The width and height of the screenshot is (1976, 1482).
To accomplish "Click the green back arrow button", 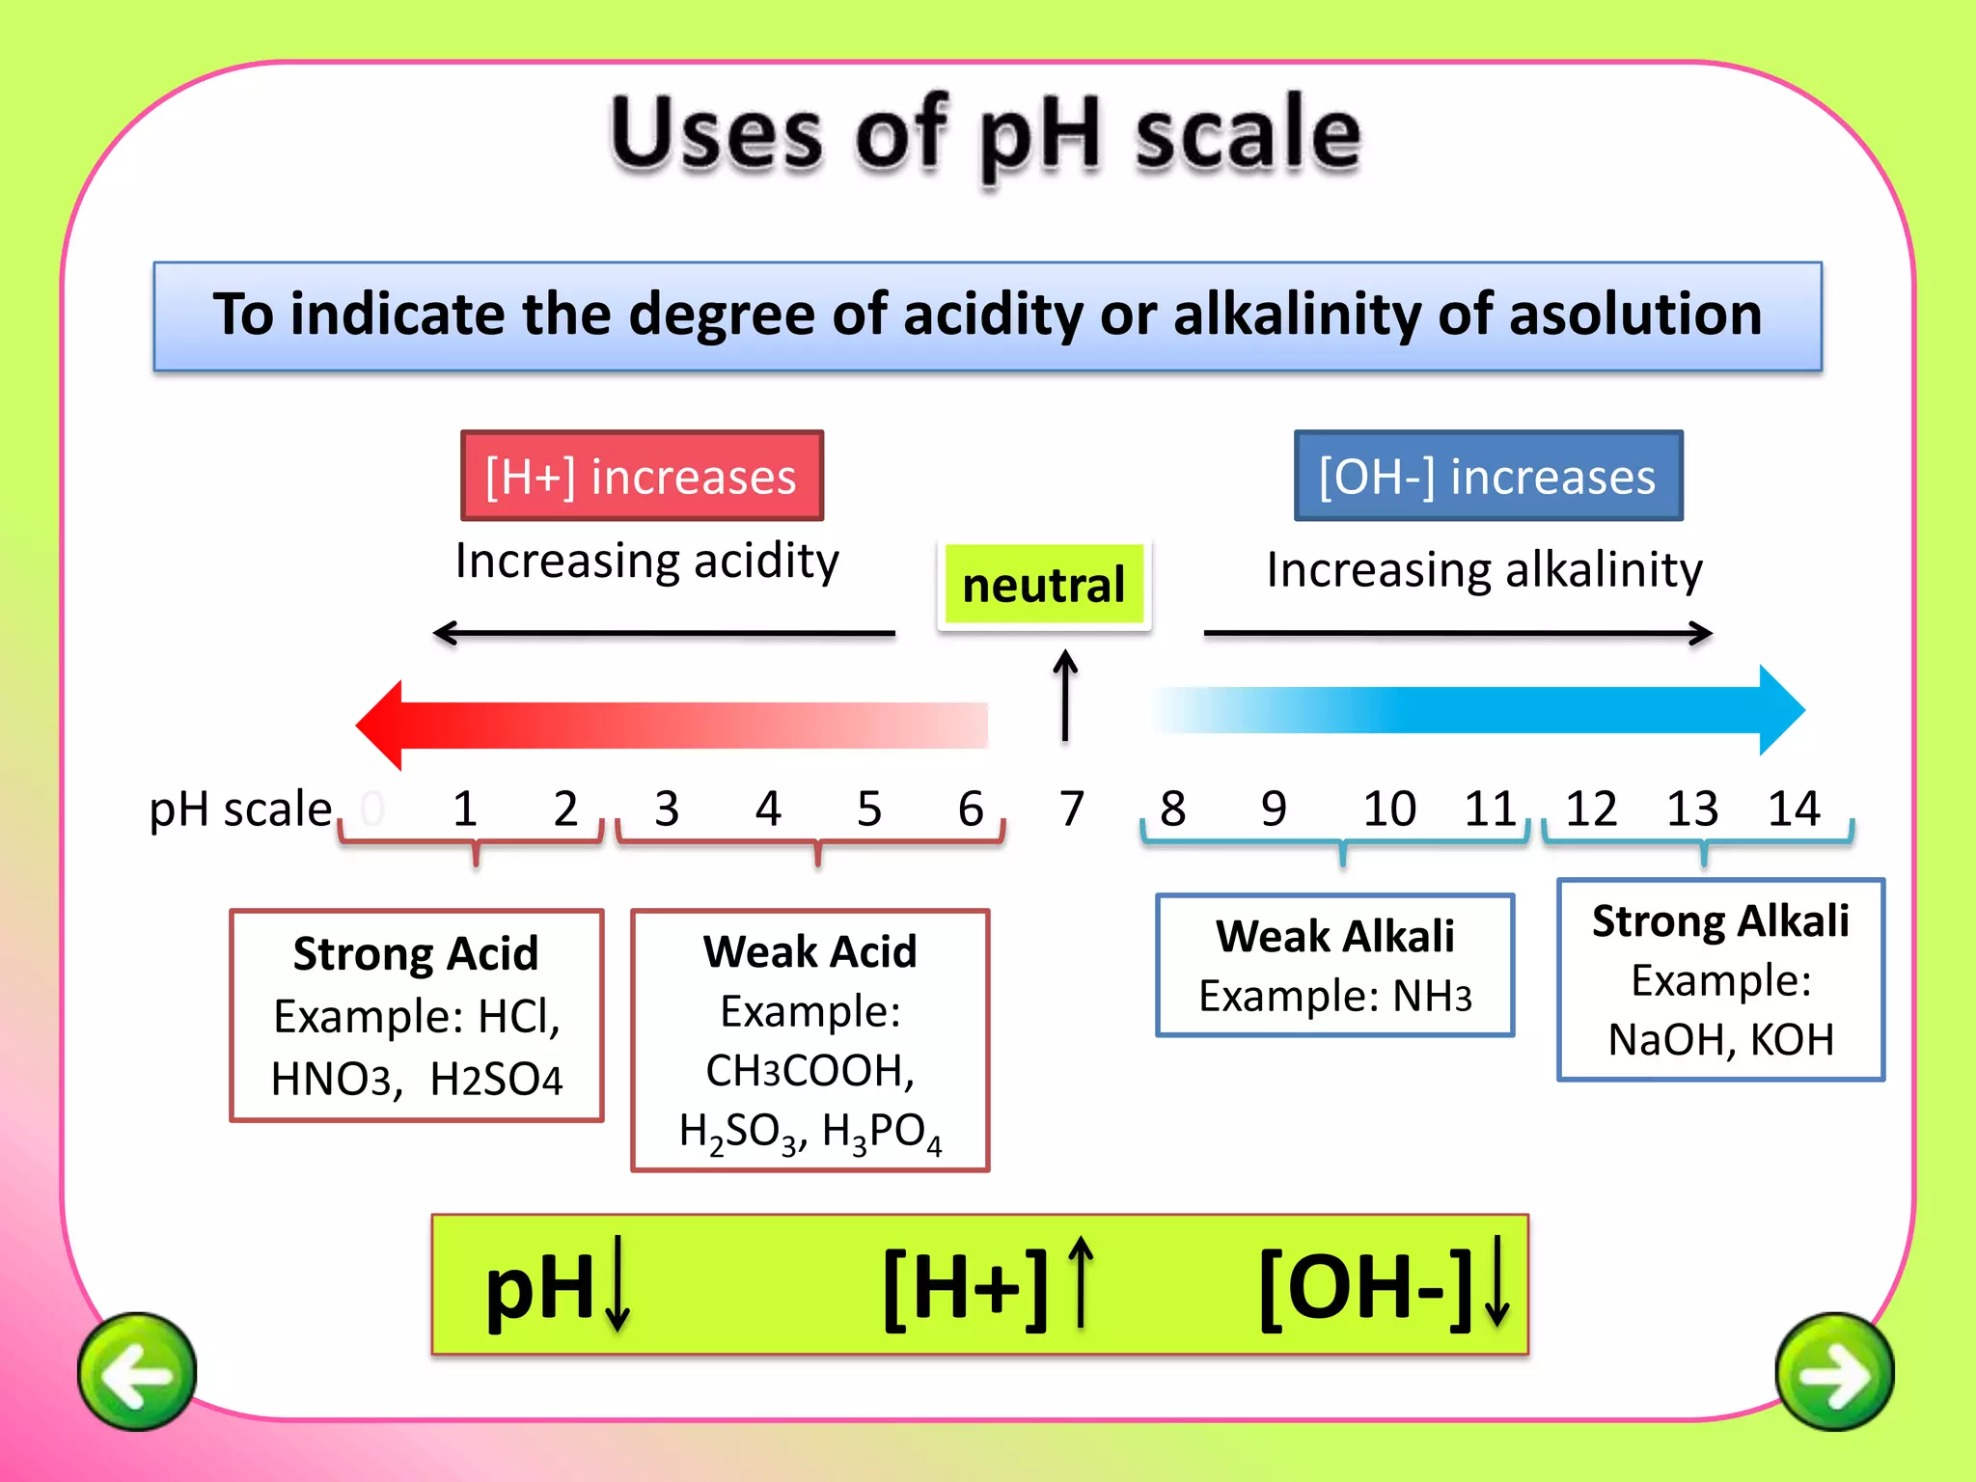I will [137, 1371].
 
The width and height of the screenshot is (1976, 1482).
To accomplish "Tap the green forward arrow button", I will [1834, 1371].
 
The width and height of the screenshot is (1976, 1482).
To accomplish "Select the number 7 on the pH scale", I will [1071, 809].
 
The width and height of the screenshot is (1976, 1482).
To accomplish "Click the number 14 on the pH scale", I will [1793, 809].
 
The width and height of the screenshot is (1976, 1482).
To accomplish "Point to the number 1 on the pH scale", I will [464, 809].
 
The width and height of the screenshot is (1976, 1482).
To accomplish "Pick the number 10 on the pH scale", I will [1388, 809].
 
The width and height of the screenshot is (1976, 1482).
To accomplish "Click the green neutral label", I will [1044, 585].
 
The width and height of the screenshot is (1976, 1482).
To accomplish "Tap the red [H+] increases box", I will [642, 476].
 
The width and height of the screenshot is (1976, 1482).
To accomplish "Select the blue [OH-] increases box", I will [1488, 476].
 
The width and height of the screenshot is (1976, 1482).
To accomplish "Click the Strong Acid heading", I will [416, 954].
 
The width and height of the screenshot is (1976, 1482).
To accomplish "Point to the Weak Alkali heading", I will [1335, 936].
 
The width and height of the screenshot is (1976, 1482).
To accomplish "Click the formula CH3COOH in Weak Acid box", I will [810, 1070].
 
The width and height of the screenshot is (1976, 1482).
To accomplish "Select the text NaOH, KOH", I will [1721, 1039].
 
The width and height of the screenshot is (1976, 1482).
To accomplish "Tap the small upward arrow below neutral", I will [1065, 695].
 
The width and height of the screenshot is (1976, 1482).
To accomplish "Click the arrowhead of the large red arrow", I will [380, 726].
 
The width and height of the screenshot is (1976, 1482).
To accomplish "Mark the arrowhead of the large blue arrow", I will [1781, 710].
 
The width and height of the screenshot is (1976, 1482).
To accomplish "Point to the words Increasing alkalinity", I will [1484, 570].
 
